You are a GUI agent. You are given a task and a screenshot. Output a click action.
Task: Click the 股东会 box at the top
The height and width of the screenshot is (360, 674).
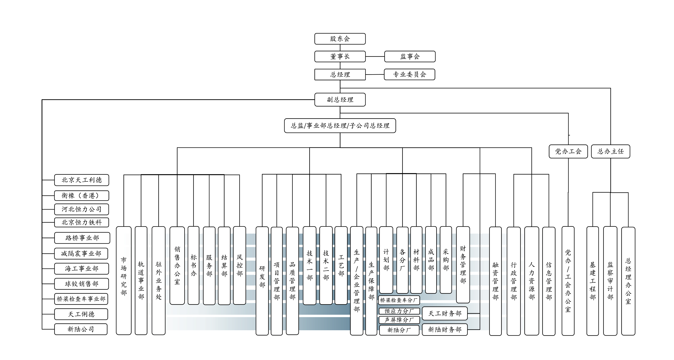pos(340,39)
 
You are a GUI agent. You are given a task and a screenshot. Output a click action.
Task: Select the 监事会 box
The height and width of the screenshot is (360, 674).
pos(410,56)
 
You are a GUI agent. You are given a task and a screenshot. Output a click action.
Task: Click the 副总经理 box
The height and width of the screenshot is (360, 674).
pos(340,100)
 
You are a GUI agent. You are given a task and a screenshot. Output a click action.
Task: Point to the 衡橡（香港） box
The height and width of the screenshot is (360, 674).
pos(82,196)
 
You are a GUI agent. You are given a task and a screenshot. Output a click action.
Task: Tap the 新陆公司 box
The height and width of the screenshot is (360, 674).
pos(81,329)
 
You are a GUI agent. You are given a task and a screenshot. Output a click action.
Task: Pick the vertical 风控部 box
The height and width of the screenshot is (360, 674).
pos(239,265)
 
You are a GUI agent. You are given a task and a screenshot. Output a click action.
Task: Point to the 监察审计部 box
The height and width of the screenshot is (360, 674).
pos(610,281)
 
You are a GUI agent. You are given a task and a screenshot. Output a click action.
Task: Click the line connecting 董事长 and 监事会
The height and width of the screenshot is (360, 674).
pos(375,56)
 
